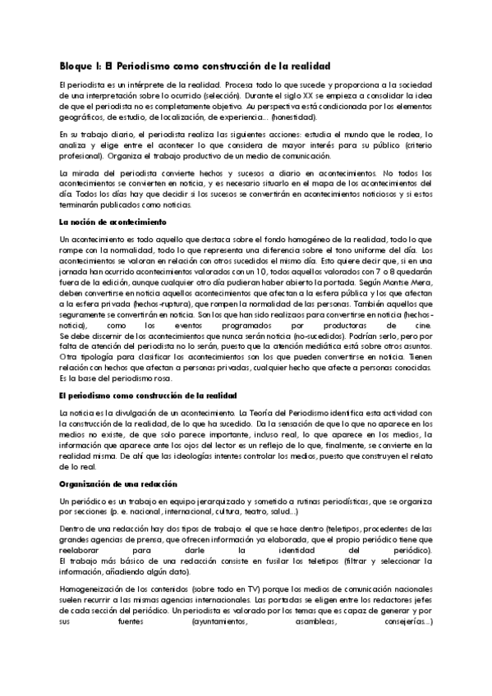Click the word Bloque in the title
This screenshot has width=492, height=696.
tap(78, 66)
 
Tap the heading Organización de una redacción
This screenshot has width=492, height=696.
tap(113, 485)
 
